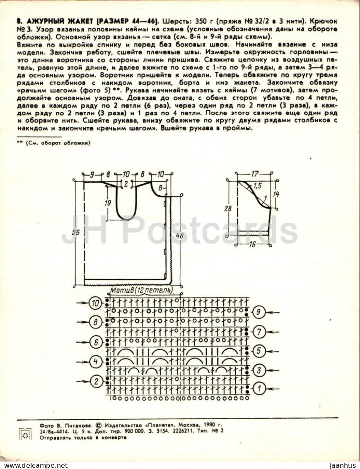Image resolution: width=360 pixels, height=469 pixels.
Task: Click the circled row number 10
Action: (x=96, y=303)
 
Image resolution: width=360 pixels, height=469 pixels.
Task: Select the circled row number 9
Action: (x=259, y=312)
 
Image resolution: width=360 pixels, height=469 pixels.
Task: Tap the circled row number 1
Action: (x=259, y=388)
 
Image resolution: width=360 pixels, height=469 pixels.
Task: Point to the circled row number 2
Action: (x=96, y=381)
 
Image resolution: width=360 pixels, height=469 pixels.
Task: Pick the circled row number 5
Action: (x=259, y=351)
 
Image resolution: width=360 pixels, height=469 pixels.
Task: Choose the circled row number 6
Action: (x=96, y=342)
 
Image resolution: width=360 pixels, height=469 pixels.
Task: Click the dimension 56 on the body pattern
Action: (x=76, y=233)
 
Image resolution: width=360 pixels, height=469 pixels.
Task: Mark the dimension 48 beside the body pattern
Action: (x=179, y=236)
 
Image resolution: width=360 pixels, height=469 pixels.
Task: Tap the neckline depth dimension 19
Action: (x=108, y=202)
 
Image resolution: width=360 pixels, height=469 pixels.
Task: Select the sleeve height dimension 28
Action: (x=227, y=208)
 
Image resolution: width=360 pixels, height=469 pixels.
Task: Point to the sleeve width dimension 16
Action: (x=252, y=245)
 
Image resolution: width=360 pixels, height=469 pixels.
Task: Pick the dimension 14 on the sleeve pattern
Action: (x=276, y=194)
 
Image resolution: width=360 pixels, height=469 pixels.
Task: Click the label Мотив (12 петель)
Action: (x=141, y=290)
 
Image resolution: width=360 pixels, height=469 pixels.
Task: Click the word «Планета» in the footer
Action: (x=158, y=425)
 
